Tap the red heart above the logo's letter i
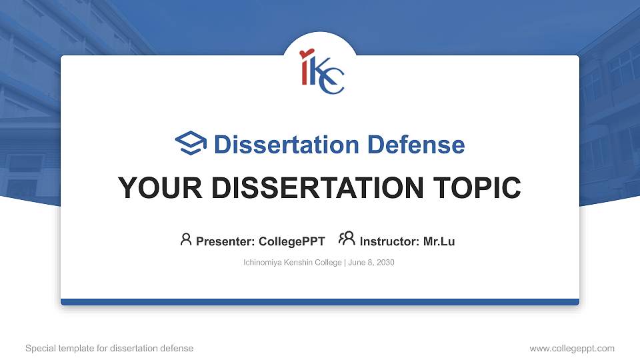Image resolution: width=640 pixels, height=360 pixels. point(306,53)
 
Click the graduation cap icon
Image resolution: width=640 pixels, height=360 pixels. point(191,143)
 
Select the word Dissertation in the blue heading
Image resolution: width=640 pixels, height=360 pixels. point(287,145)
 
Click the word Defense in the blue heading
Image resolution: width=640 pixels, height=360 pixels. point(416,145)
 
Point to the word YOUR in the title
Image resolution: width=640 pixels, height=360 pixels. point(160,188)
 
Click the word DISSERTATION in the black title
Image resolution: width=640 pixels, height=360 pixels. point(317,188)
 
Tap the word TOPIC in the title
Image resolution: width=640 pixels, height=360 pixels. point(477,188)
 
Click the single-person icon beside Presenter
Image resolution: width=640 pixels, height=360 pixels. point(186,239)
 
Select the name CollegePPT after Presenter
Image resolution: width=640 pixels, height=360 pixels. point(292,241)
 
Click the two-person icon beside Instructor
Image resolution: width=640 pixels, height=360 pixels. point(347,239)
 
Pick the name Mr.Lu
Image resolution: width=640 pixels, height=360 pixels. point(439,241)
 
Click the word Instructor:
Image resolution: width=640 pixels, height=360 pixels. point(389,241)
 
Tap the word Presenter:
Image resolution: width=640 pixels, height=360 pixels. point(225,241)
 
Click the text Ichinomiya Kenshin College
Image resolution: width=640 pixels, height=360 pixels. point(292,263)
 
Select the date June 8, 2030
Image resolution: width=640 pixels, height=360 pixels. point(371,263)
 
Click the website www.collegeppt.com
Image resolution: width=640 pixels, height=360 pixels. point(572,349)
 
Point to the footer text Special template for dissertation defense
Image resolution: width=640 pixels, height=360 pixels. point(109,348)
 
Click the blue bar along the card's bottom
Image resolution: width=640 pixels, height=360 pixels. point(320,302)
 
